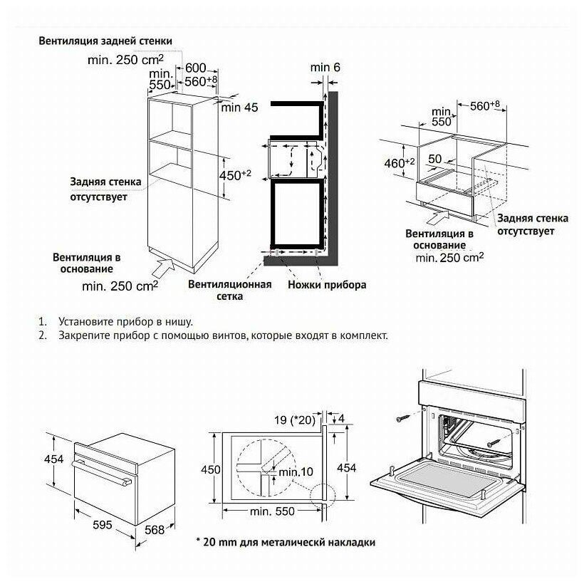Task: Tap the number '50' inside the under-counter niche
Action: (434, 158)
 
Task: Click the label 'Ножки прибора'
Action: (327, 285)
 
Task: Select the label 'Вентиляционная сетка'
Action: (229, 291)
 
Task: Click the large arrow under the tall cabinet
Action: (163, 271)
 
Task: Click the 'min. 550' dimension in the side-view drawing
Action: (271, 513)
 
